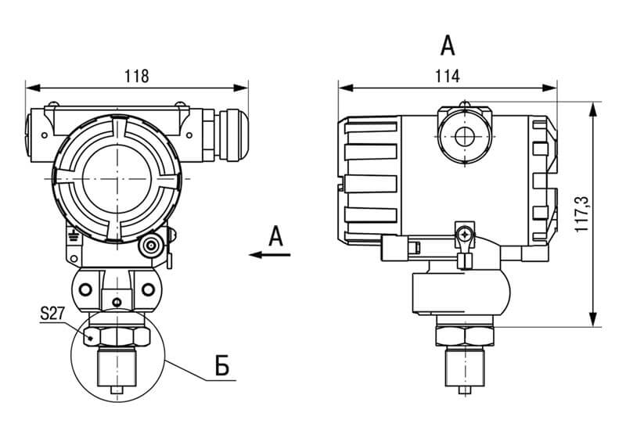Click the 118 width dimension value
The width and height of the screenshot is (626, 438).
coord(136,76)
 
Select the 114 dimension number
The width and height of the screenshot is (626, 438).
coord(448,76)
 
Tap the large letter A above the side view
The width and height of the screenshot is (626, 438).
coord(447,45)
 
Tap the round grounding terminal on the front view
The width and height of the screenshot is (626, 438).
coord(150,246)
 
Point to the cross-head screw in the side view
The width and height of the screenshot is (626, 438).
coord(467,234)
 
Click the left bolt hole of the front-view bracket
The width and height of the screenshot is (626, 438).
coord(85,290)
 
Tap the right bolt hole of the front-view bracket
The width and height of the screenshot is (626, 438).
coord(148,290)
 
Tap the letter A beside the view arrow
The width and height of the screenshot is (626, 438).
coord(275,235)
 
